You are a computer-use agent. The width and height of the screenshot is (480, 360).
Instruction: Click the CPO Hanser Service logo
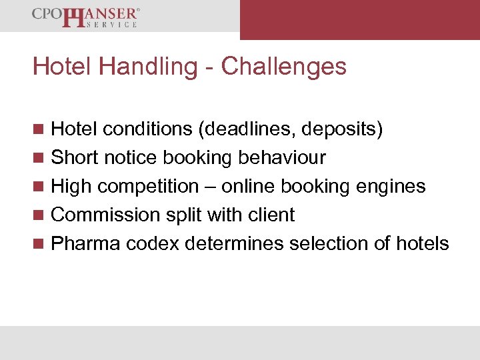(x=85, y=17)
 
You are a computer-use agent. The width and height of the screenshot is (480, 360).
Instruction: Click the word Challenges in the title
(x=284, y=67)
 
